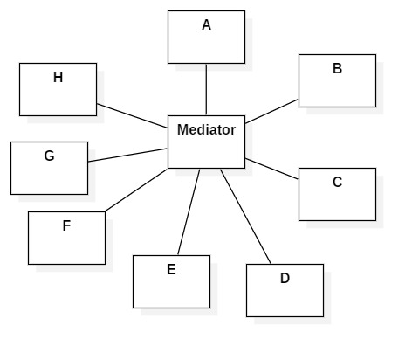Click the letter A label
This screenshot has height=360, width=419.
click(206, 25)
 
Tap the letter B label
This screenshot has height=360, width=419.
click(337, 69)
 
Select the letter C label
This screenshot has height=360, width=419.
click(337, 183)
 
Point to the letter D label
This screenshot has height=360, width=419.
click(285, 279)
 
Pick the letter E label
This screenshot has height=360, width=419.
click(171, 270)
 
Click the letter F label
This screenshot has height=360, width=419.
click(66, 226)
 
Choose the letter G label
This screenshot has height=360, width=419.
click(49, 156)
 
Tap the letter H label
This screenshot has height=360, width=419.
click(58, 78)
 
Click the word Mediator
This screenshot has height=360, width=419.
click(206, 130)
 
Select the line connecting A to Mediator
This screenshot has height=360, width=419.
click(206, 89)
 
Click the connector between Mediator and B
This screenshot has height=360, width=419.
click(271, 112)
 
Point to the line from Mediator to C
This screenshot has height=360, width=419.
click(271, 169)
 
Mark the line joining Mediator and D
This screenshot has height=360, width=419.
click(245, 217)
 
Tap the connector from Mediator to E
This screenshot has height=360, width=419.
click(189, 212)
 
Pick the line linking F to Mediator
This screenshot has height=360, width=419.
click(136, 190)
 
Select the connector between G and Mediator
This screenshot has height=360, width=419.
click(127, 155)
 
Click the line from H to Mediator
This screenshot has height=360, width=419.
click(132, 115)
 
